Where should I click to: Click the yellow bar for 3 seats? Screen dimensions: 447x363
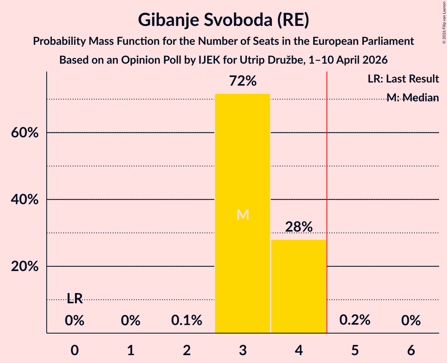click(242, 213)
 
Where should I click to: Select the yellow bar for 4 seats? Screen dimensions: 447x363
click(299, 286)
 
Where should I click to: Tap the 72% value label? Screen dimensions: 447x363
click(243, 81)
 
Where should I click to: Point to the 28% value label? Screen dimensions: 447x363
click(299, 227)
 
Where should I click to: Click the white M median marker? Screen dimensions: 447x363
click(243, 214)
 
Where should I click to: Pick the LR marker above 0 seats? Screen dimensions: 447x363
click(75, 299)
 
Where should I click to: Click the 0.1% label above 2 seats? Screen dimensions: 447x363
click(187, 320)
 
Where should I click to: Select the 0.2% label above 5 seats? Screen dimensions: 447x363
click(355, 320)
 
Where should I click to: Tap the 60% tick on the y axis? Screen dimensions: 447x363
click(25, 133)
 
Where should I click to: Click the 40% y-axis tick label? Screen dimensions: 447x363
click(25, 200)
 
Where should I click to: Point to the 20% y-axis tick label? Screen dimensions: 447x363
click(25, 266)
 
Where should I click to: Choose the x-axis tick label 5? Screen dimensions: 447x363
click(355, 350)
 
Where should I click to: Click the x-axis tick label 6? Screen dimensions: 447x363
click(411, 350)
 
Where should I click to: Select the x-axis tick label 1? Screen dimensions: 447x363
click(131, 350)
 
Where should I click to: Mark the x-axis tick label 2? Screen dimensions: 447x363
click(187, 350)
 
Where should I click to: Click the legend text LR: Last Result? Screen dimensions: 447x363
click(403, 79)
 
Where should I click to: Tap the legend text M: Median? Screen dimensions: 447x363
click(412, 97)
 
